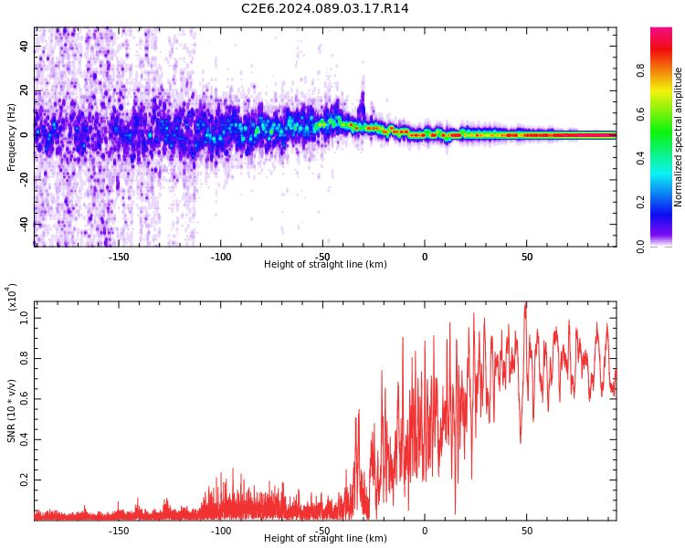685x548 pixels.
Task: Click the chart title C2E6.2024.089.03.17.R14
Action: click(x=325, y=9)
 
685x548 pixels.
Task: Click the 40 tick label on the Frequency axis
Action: click(x=23, y=46)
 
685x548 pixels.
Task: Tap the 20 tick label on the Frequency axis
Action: click(x=23, y=90)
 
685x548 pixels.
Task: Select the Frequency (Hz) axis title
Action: click(x=11, y=136)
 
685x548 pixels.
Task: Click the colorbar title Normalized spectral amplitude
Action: click(x=679, y=137)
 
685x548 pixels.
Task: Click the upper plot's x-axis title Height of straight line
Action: click(x=325, y=265)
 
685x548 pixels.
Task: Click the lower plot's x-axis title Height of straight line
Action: click(x=325, y=539)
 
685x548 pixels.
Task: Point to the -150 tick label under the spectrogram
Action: click(x=118, y=257)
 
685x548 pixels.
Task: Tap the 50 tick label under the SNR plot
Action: click(x=527, y=531)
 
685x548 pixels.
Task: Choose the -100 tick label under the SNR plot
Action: click(x=221, y=531)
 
